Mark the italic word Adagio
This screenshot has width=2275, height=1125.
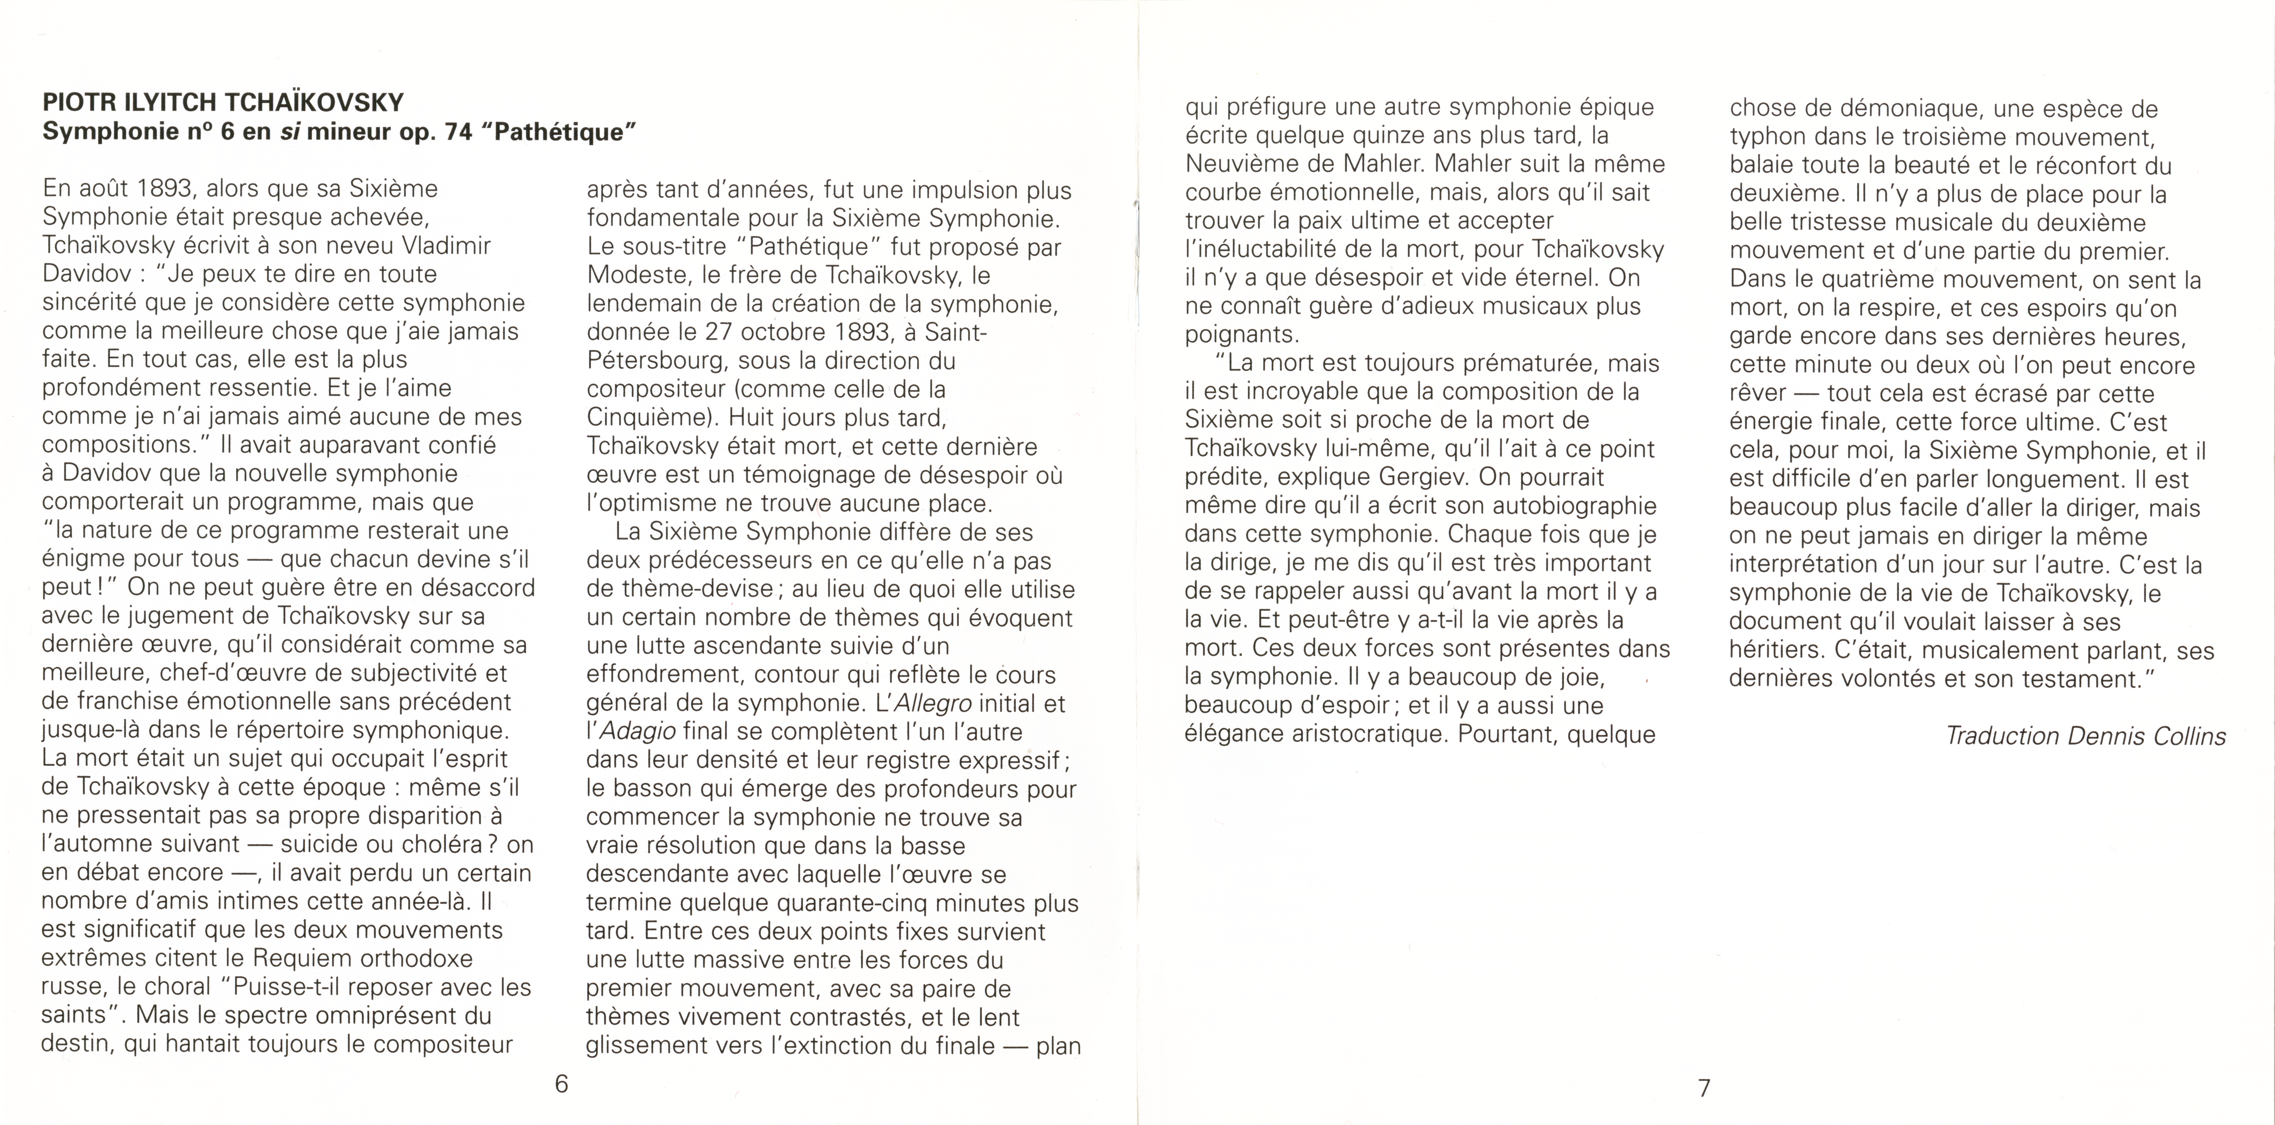pyautogui.click(x=638, y=732)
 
